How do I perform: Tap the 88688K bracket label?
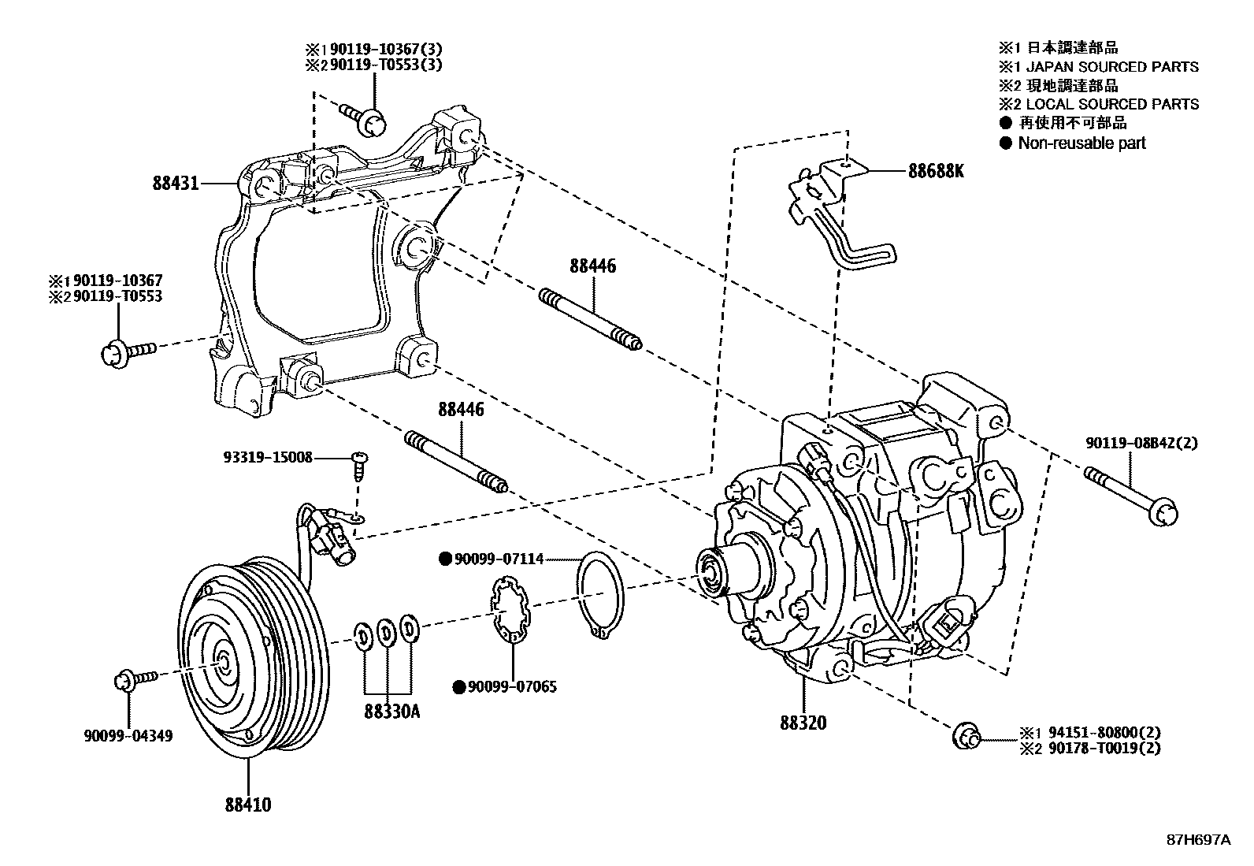(x=935, y=171)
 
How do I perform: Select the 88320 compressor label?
(x=803, y=722)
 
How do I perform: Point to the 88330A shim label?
(x=391, y=712)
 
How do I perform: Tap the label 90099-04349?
(x=128, y=736)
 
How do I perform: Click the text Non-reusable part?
(x=1081, y=143)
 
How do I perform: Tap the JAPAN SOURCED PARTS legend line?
(x=1108, y=67)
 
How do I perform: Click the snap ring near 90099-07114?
(x=601, y=589)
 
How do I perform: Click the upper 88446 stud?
(x=590, y=320)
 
